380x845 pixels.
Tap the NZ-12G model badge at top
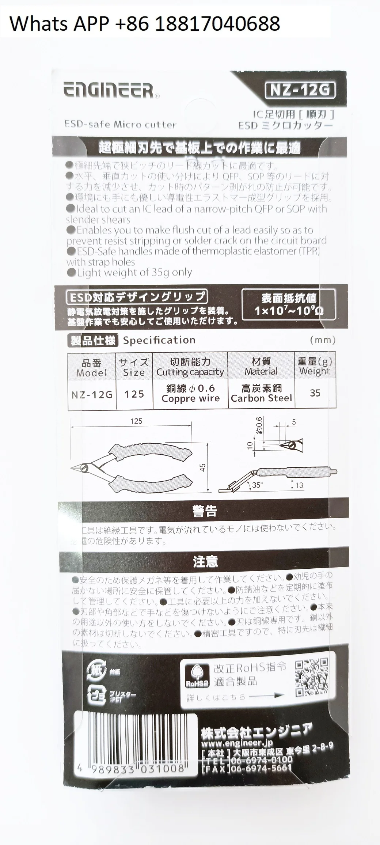pos(299,90)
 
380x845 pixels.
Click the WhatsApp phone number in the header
pos(145,23)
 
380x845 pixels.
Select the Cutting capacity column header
pos(190,367)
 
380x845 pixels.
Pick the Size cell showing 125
pos(134,394)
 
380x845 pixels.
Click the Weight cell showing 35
pos(315,393)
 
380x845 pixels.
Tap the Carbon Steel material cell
pos(261,393)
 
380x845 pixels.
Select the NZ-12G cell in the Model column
pos(92,395)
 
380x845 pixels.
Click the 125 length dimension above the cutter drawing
pos(136,421)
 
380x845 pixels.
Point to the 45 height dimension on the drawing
pos(203,467)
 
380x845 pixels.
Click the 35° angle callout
pos(257,485)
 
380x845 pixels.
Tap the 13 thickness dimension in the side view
pos(299,485)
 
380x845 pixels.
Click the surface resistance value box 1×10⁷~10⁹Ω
pos(288,305)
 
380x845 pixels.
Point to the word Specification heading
pos(159,340)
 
